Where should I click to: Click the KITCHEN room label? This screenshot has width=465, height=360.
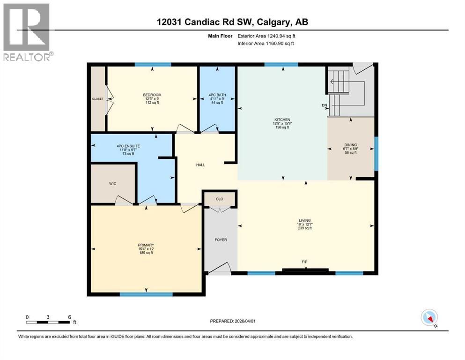click(x=282, y=120)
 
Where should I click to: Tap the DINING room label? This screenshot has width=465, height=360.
click(x=351, y=145)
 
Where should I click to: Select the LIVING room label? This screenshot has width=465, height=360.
click(x=305, y=220)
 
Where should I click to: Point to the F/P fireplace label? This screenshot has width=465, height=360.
click(x=305, y=262)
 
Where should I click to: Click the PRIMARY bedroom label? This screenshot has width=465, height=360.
click(x=146, y=244)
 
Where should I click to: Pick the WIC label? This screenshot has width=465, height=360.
click(x=113, y=184)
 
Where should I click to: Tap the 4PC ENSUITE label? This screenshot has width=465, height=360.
click(x=128, y=146)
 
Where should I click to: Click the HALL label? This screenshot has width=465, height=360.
click(x=200, y=165)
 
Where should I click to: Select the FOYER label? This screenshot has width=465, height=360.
click(x=221, y=240)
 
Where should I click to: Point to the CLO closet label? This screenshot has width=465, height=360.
click(x=220, y=199)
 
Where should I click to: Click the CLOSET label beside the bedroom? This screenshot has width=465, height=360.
click(x=98, y=99)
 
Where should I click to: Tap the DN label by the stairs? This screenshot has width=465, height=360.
click(x=324, y=105)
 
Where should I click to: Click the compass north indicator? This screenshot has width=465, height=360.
click(x=429, y=318)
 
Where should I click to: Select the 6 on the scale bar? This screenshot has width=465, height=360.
click(x=69, y=317)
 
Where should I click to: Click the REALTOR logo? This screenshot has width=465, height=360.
click(x=27, y=31)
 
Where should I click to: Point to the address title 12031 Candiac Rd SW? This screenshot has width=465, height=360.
click(x=232, y=22)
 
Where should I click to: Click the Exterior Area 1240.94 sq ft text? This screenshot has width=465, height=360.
click(x=266, y=36)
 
